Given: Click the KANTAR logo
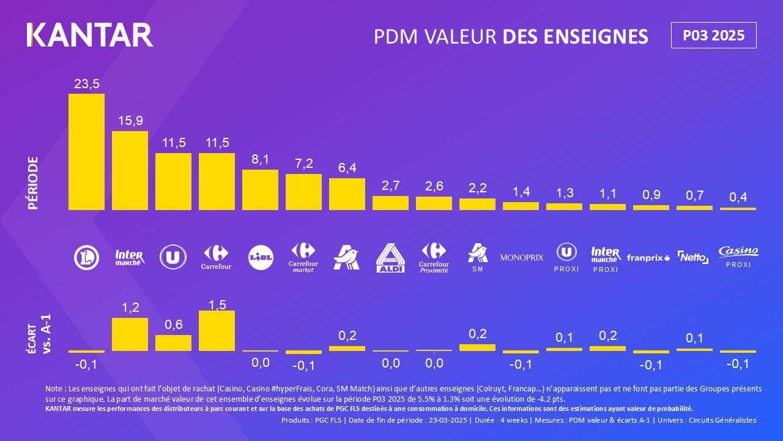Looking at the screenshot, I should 90,35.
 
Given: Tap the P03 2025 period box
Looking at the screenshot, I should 713,36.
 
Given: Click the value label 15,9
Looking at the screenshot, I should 130,121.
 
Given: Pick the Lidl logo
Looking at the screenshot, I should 260,258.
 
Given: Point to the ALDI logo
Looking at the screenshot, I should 390,258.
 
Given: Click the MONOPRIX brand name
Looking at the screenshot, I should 521,258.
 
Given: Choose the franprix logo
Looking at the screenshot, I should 648,258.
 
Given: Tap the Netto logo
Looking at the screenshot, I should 693,257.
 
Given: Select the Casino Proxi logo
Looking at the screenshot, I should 738,257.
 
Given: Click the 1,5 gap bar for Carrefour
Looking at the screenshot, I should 217,331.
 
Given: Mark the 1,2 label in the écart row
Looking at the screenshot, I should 130,307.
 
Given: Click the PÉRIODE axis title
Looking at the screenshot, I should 34,183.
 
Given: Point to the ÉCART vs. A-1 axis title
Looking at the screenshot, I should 40,334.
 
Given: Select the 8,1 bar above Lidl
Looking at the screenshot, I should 260,190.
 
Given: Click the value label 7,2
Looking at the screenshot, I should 303,164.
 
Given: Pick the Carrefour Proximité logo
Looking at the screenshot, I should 434,258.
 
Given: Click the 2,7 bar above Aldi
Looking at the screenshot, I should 390,203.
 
